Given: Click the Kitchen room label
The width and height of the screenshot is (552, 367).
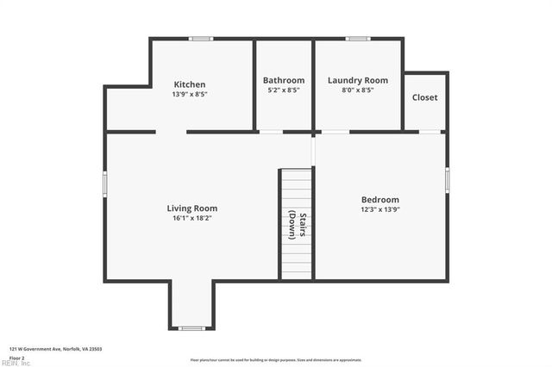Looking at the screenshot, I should [x=190, y=84].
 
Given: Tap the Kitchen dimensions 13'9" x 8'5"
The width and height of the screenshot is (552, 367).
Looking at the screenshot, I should [x=190, y=94].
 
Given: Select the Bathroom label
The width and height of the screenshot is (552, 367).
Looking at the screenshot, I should [x=284, y=80].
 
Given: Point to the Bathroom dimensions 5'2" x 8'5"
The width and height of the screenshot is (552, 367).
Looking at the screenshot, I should [x=284, y=90].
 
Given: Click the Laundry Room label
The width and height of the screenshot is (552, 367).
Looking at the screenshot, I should [x=358, y=80].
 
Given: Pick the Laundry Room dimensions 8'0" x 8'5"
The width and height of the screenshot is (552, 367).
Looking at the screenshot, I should [x=358, y=90].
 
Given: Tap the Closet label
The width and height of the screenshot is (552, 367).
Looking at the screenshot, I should [x=424, y=97].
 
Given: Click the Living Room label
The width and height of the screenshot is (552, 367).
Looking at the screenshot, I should [x=191, y=208].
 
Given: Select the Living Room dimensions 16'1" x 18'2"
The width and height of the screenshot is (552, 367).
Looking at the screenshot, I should [x=191, y=218].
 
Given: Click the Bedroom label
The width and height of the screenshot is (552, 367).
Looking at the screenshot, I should [x=379, y=199].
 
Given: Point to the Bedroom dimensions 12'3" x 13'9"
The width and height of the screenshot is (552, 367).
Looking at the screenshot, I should [x=379, y=209].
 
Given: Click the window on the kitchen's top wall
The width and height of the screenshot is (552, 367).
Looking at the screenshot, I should [x=202, y=39].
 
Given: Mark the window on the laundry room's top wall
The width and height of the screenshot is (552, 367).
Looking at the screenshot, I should [x=358, y=39].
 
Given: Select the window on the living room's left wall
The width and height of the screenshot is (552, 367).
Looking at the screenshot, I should [x=105, y=183].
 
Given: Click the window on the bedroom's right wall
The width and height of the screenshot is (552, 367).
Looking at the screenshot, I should [x=447, y=179].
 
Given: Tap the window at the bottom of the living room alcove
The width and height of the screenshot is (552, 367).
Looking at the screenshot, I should [x=191, y=328].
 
